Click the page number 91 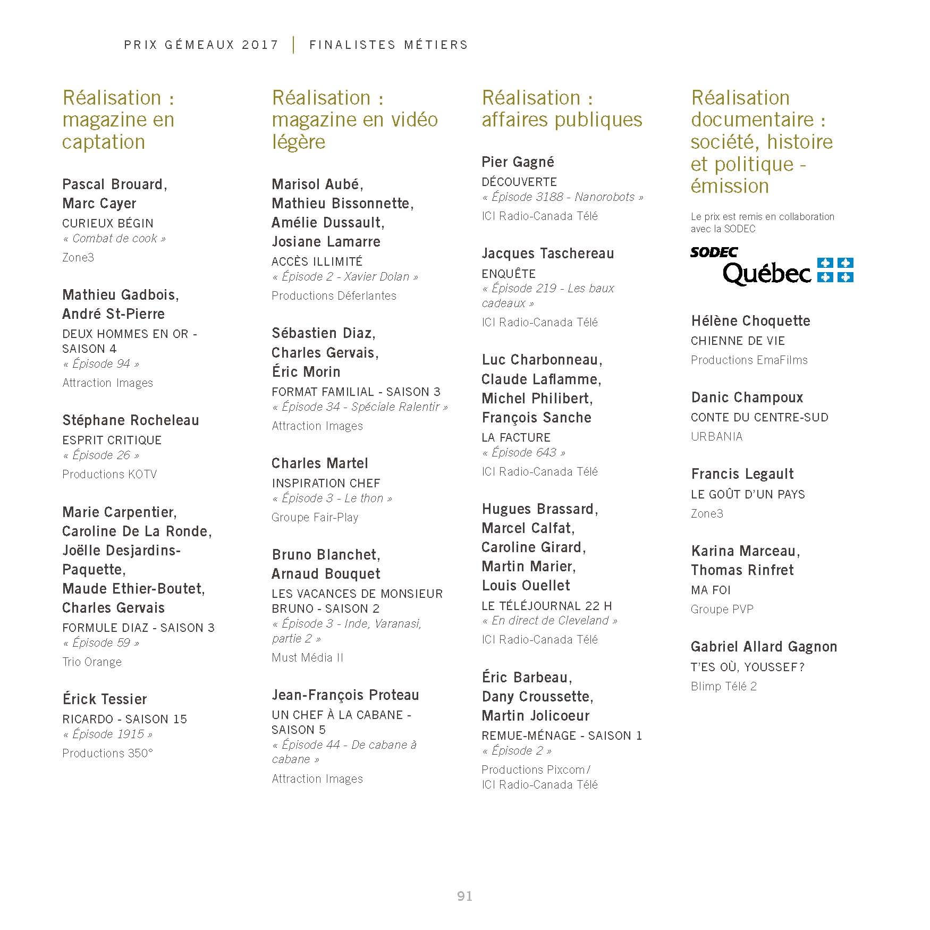tap(464, 897)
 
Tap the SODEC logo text tap(714, 252)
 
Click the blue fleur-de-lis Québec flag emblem tap(835, 270)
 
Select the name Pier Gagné tap(518, 162)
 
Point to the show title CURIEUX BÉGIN tap(108, 223)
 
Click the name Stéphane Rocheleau tap(131, 420)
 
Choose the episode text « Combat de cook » tap(114, 239)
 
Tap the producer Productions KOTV tap(109, 474)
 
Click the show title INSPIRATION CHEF tap(326, 483)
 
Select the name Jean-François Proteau tap(345, 695)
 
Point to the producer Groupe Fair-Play tap(315, 517)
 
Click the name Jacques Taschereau tap(547, 253)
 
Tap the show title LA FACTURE tap(516, 437)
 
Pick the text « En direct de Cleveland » tap(549, 621)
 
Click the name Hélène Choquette tap(750, 321)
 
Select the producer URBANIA tap(716, 436)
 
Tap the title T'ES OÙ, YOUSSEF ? tap(748, 667)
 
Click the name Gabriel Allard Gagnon tap(764, 647)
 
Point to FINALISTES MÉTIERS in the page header tap(388, 45)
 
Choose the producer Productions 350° tap(107, 753)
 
